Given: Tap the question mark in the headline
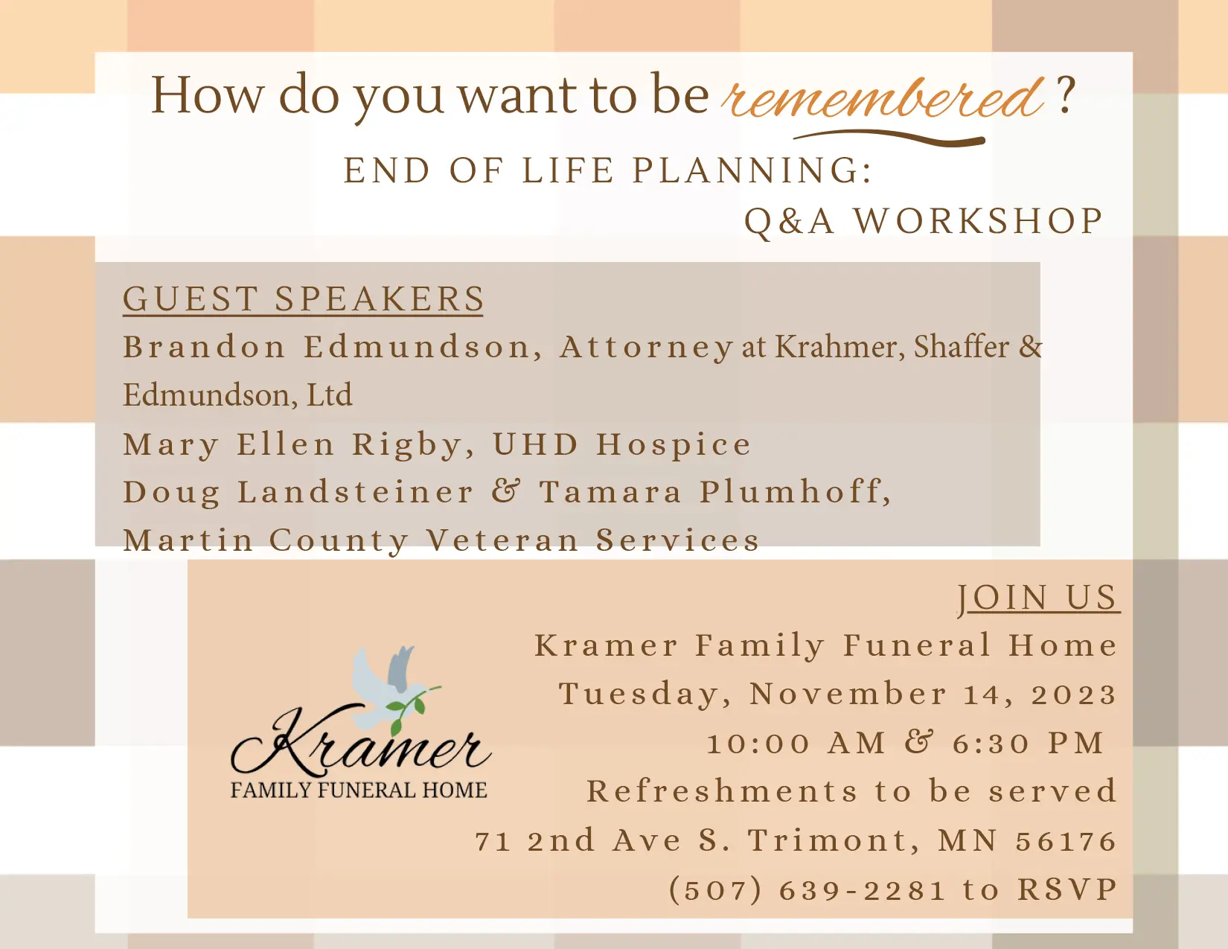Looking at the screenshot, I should [x=1066, y=95].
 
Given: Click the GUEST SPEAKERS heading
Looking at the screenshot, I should [x=303, y=299].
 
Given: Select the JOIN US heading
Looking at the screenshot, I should [x=1037, y=598].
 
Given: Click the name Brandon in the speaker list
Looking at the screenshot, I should [x=205, y=347].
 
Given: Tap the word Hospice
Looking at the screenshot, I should [x=674, y=444].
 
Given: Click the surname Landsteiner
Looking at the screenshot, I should [x=355, y=492].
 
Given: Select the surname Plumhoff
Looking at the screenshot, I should [x=795, y=492].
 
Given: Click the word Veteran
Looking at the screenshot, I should [x=503, y=540].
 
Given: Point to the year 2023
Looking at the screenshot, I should [x=1073, y=694].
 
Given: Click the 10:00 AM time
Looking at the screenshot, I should [x=796, y=743].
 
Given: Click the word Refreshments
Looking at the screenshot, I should [x=723, y=791].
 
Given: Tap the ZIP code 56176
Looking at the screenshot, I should [x=1066, y=841].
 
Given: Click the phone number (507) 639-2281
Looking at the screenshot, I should [x=807, y=890].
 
